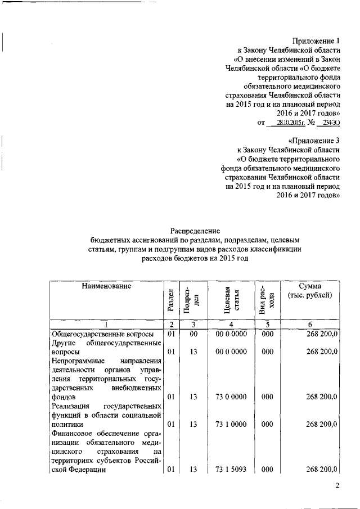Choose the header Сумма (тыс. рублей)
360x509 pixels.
tap(310, 291)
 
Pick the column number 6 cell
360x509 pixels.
tap(310, 324)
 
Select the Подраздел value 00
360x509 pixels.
tap(193, 334)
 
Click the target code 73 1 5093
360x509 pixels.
tap(231, 469)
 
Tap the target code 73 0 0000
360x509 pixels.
tap(231, 397)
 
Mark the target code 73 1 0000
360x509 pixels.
tap(231, 424)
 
